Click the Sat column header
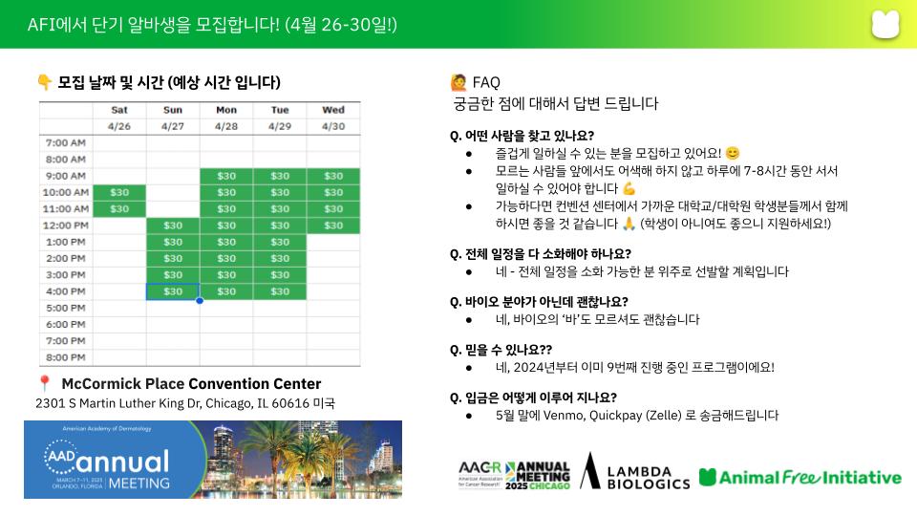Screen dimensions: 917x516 click(119, 110)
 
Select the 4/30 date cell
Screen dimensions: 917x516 click(333, 126)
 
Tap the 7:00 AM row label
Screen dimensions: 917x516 click(66, 142)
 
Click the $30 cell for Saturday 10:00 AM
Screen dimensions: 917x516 click(119, 192)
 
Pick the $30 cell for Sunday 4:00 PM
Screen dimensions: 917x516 click(173, 291)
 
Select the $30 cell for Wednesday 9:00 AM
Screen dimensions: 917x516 click(333, 176)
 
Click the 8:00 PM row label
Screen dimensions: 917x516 click(66, 357)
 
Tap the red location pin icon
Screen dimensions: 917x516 click(44, 384)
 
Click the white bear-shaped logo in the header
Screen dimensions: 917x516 click(885, 24)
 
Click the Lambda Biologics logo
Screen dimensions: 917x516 click(634, 471)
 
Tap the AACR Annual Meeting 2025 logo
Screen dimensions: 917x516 click(514, 475)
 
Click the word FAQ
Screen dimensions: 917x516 click(486, 82)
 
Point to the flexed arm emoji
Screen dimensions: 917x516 click(629, 188)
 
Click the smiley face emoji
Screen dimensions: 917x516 click(733, 153)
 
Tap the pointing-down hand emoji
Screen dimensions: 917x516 click(45, 82)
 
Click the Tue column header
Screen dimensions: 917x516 click(280, 110)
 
